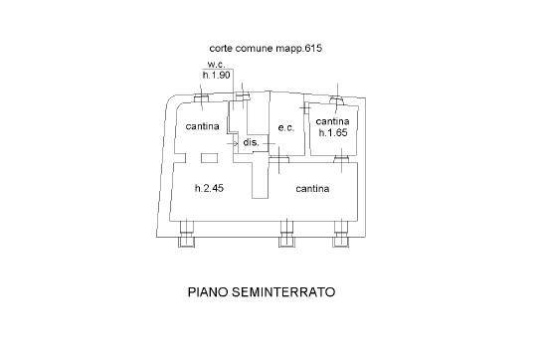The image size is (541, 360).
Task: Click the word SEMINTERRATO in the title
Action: tap(282, 292)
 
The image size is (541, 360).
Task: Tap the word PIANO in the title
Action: tap(208, 292)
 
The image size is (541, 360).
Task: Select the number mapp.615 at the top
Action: tap(298, 49)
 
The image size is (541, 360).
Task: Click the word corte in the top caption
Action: tap(221, 49)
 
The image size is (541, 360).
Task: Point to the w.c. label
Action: tap(217, 65)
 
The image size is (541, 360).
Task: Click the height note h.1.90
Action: tap(217, 75)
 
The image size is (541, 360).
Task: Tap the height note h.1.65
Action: tap(333, 132)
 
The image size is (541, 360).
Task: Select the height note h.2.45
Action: tap(210, 188)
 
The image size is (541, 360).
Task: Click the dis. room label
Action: tap(252, 142)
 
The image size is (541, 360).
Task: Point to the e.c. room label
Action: tap(286, 127)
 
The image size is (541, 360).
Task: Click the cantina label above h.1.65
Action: tap(332, 121)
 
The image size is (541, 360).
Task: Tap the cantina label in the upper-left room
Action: tap(203, 126)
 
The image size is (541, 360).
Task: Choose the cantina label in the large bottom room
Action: tap(312, 189)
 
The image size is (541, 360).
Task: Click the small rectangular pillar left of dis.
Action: tap(209, 158)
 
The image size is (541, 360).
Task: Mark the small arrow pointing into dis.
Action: tap(232, 143)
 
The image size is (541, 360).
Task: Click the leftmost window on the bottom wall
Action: tap(187, 234)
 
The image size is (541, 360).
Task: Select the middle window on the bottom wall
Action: tap(286, 234)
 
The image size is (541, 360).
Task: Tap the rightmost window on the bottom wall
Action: tap(340, 234)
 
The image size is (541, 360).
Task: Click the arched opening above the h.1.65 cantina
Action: tap(337, 99)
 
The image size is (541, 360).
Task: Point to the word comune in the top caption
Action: tap(255, 49)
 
